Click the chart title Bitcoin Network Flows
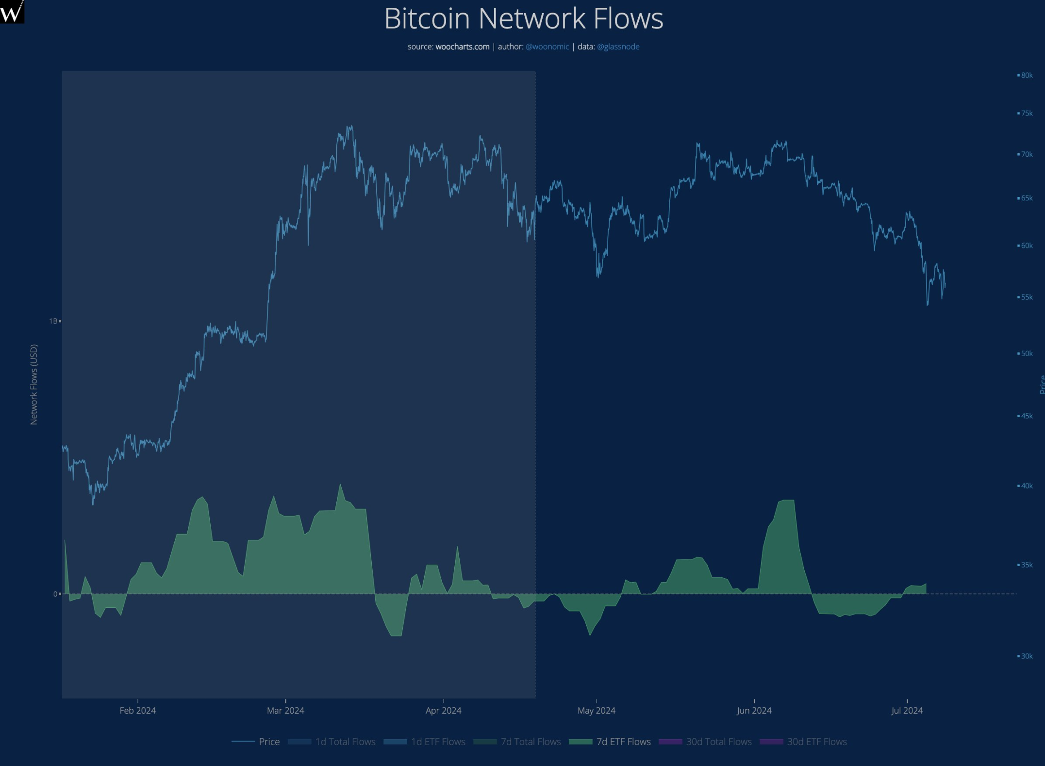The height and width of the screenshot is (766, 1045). tap(523, 19)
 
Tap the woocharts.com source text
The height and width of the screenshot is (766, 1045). tap(462, 47)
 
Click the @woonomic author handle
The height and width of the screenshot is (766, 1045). tap(547, 47)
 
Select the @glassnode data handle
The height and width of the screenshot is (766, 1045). tap(618, 47)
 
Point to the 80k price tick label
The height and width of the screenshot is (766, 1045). tap(1027, 75)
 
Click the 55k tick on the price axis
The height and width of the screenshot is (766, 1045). tap(1027, 297)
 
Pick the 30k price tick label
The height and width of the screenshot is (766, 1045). tap(1027, 656)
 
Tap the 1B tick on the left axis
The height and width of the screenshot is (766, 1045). tap(53, 321)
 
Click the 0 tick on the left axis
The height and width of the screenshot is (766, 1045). tap(55, 594)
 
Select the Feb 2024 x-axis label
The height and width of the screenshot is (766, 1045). tap(137, 710)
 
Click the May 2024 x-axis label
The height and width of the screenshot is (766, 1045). tap(596, 710)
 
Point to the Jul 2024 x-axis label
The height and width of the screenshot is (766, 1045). tap(907, 710)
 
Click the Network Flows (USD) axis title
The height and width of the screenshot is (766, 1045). tap(34, 384)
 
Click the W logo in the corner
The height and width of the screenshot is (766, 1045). tap(12, 11)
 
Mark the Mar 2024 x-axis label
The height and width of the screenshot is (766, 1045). tap(285, 710)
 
